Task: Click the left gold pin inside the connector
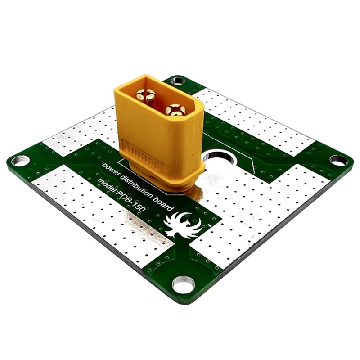[146, 95]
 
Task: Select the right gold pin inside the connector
[175, 109]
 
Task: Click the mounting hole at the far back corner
[177, 81]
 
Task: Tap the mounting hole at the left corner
[20, 160]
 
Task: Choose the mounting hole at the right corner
[338, 160]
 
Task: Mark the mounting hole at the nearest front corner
[184, 284]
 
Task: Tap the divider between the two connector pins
[161, 102]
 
